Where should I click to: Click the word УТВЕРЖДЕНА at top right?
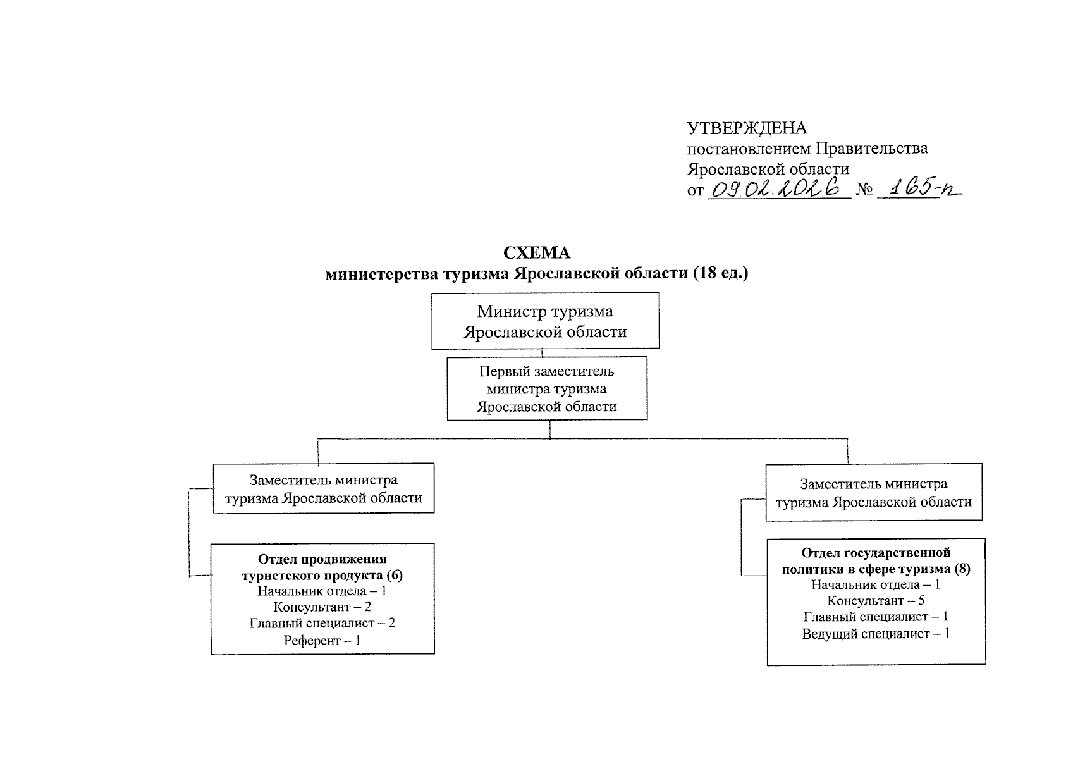coord(747,128)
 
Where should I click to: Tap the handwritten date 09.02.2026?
coord(779,188)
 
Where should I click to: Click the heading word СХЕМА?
coord(536,253)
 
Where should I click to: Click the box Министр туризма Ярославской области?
coord(545,321)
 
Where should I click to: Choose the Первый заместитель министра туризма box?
coord(547,388)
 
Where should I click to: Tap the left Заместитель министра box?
coord(324,488)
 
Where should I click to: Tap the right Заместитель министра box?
coord(874,493)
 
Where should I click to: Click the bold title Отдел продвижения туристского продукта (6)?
coord(322,567)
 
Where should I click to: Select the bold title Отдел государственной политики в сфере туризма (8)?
coord(876,561)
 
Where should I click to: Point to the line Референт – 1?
coord(322,640)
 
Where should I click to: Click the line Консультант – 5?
coord(876,600)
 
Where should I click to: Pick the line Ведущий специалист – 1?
coord(876,633)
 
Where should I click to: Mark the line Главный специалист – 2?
coord(322,623)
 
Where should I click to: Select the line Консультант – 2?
coord(322,607)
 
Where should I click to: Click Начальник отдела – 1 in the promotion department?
coord(322,591)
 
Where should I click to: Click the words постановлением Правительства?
coord(807,149)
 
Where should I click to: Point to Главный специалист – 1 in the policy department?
coord(876,617)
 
